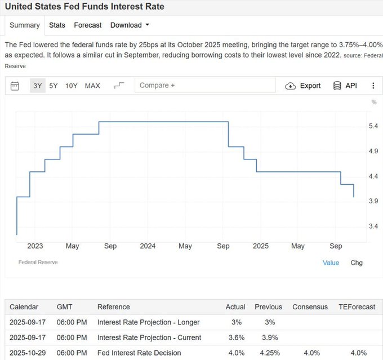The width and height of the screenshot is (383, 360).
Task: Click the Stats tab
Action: [57, 25]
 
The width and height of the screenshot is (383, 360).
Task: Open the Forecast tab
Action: [88, 25]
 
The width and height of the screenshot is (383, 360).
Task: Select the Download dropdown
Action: [130, 25]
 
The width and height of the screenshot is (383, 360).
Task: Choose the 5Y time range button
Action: [54, 86]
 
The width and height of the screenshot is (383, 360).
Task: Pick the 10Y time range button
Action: [72, 86]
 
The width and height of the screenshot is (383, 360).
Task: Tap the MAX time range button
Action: [92, 86]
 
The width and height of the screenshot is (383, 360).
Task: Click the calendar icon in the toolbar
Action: [15, 86]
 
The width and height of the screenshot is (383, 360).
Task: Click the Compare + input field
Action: [205, 86]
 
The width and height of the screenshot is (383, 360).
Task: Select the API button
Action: [345, 86]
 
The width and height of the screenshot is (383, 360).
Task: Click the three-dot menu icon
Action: [373, 86]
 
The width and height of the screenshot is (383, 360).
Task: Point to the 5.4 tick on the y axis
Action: [373, 126]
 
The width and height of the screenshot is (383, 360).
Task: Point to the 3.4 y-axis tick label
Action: [373, 226]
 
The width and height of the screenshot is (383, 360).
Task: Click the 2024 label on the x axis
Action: [148, 246]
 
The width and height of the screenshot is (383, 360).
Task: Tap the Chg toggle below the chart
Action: [357, 263]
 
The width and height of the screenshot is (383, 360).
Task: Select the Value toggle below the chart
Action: [331, 263]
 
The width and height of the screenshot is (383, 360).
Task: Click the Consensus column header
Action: [310, 307]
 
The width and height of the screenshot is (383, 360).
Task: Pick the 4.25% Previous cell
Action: [268, 353]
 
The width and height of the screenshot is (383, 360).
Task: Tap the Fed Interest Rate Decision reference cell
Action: [139, 353]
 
